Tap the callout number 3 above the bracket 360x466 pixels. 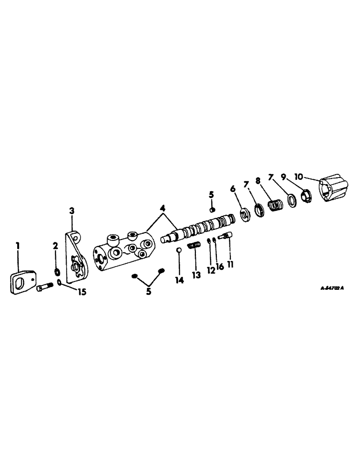(72, 212)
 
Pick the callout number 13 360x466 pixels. (196, 275)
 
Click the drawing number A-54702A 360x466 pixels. (332, 288)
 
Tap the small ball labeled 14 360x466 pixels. (178, 250)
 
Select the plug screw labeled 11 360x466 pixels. (225, 237)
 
